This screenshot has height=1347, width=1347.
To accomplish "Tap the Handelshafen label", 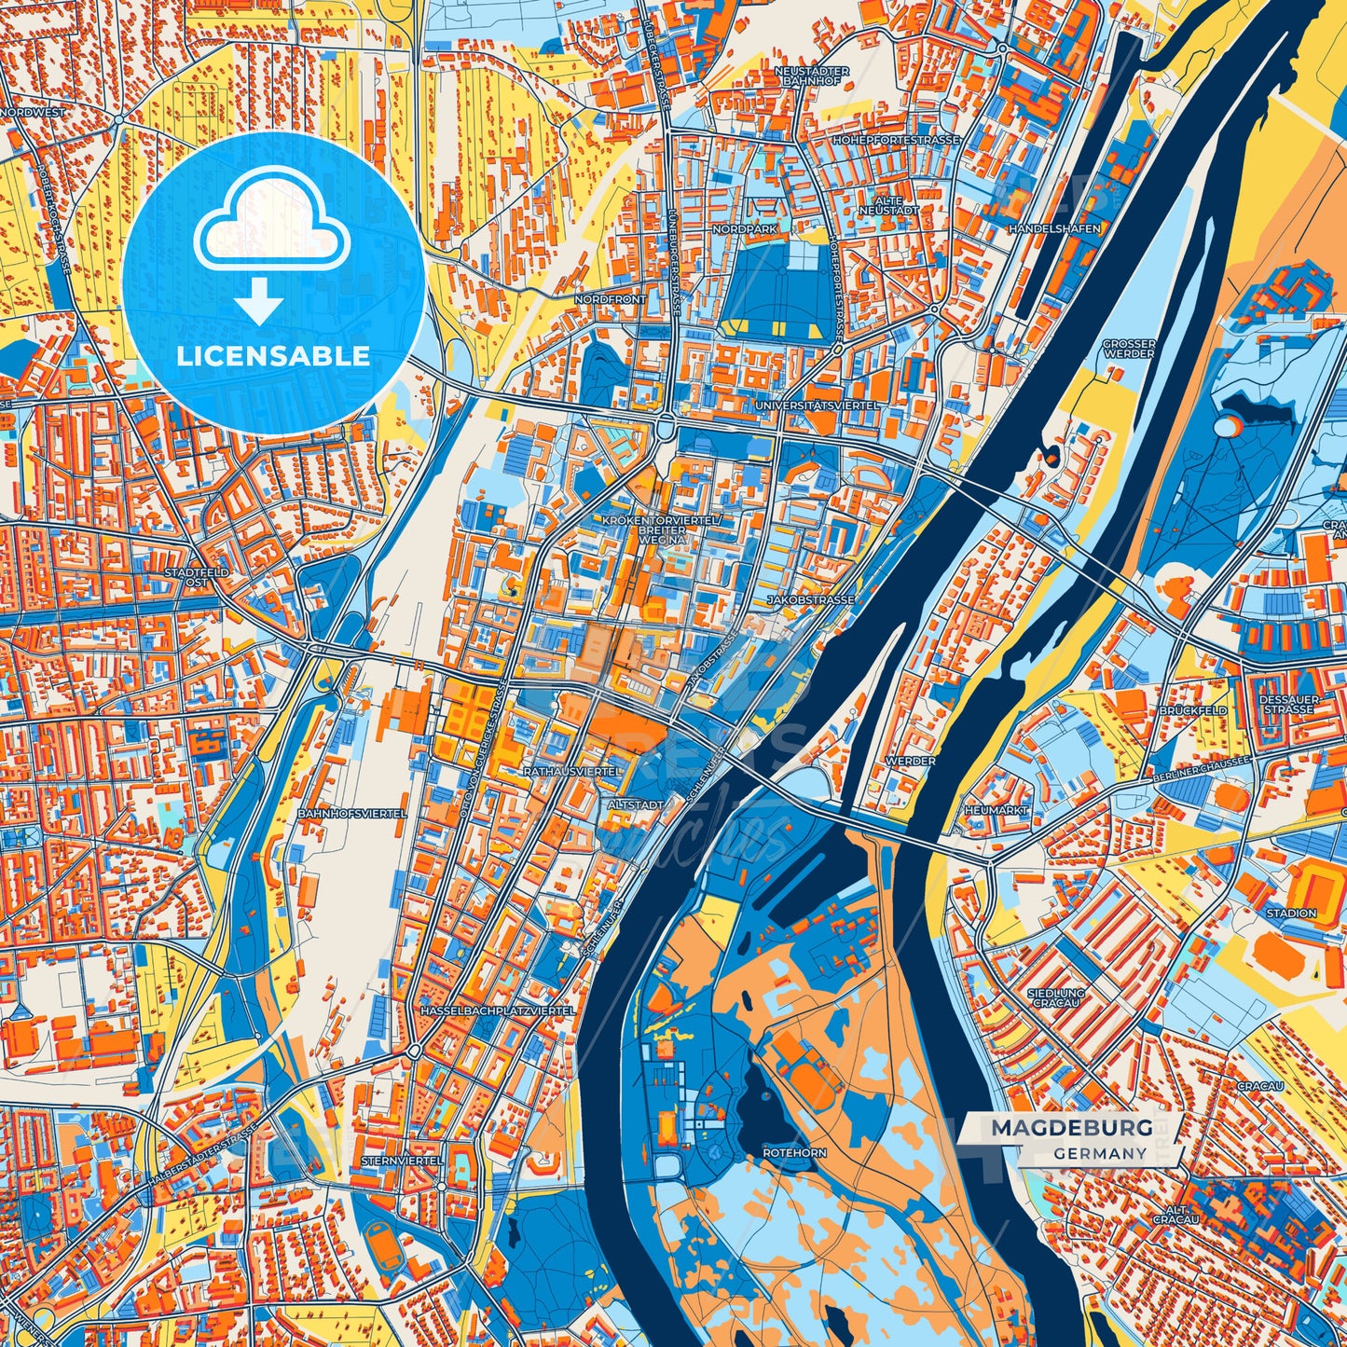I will coord(1054,228).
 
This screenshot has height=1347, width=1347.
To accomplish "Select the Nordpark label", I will coord(744,228).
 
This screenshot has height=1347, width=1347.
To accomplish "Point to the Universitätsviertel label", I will coord(818,406).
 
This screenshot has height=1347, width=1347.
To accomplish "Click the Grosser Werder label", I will coord(1129,349).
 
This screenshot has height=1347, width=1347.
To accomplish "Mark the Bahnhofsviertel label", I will coord(351,814).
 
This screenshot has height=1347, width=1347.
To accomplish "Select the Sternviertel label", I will coord(400,1161).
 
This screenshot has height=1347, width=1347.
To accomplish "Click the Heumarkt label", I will coord(996,811).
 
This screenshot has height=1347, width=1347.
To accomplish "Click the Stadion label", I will coord(1291,913).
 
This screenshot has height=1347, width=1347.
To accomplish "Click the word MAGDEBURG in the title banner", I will coord(1071,1128).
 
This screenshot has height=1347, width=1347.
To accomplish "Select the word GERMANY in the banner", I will coord(1101,1153).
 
